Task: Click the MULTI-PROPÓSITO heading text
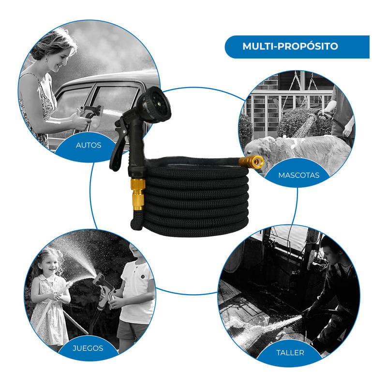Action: pos(290,46)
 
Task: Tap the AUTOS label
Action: pos(89,145)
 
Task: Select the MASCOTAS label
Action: pos(298,175)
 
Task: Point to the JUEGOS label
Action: pos(88,348)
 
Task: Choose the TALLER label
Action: pos(290,353)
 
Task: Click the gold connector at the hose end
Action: pos(251,162)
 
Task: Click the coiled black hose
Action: pos(195,197)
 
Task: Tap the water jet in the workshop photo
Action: pos(269,326)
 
